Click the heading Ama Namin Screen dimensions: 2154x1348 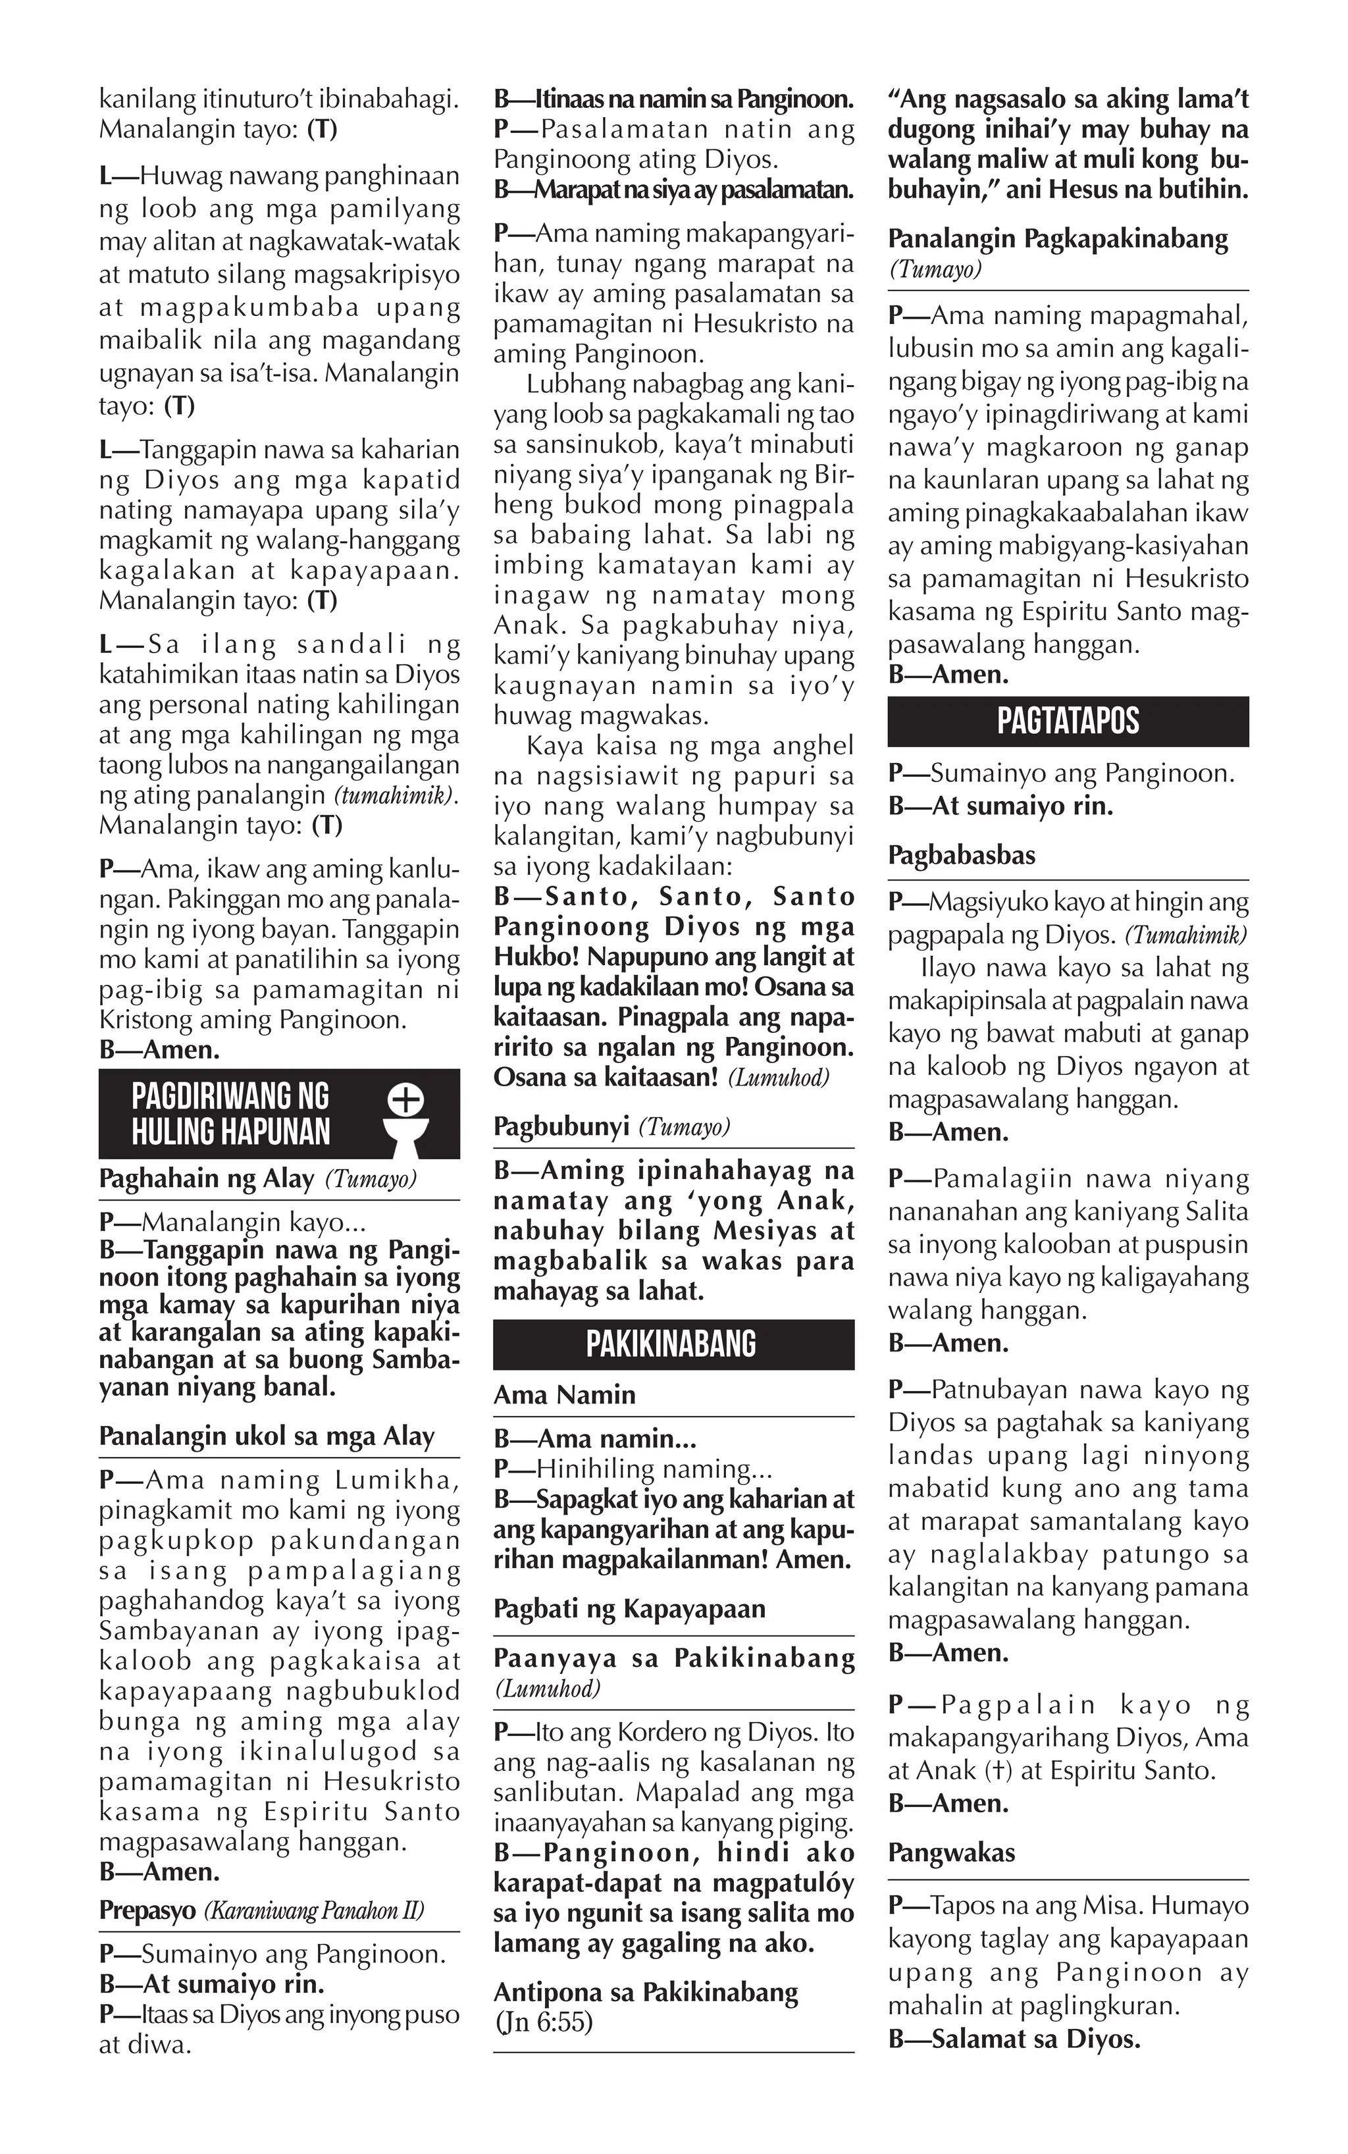pyautogui.click(x=564, y=1394)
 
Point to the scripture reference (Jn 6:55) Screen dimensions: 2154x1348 pyautogui.click(x=544, y=2022)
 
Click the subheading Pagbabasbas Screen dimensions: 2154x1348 pyautogui.click(x=961, y=855)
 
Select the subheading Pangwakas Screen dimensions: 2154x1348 pyautogui.click(x=951, y=1852)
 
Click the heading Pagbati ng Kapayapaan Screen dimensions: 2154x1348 pyautogui.click(x=629, y=1608)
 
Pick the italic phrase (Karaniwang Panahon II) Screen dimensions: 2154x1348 pyautogui.click(x=314, y=1910)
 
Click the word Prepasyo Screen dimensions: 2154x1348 pyautogui.click(x=148, y=1910)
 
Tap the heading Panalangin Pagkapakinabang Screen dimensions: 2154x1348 pyautogui.click(x=1057, y=239)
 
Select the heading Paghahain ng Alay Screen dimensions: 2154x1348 pyautogui.click(x=207, y=1178)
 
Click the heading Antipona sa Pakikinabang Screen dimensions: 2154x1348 pyautogui.click(x=646, y=1992)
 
